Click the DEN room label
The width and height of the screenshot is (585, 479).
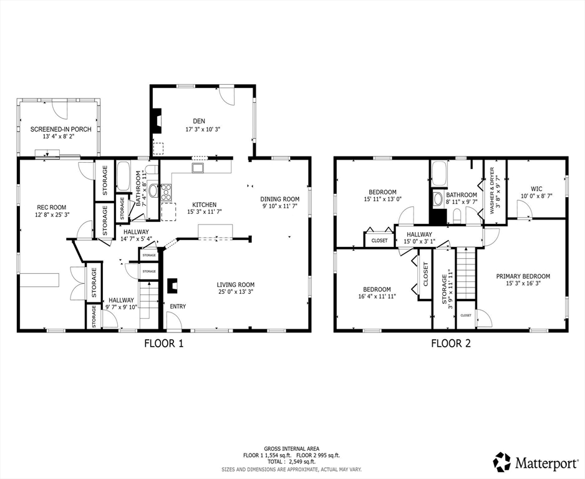[199, 121]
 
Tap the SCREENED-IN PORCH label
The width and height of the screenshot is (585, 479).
[61, 129]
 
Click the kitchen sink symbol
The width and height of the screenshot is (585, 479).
[198, 168]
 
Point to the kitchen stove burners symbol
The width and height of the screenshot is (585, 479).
[166, 193]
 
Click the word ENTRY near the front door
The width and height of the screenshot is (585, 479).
[178, 306]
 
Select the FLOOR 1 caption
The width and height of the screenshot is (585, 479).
[164, 343]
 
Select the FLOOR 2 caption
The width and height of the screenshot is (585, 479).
[450, 343]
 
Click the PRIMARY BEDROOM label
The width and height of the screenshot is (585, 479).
[523, 276]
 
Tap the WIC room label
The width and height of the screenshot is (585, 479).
[536, 188]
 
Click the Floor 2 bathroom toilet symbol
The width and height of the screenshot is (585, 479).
[457, 215]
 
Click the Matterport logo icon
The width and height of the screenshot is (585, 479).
[501, 462]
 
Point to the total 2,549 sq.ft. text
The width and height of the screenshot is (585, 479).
[292, 462]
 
